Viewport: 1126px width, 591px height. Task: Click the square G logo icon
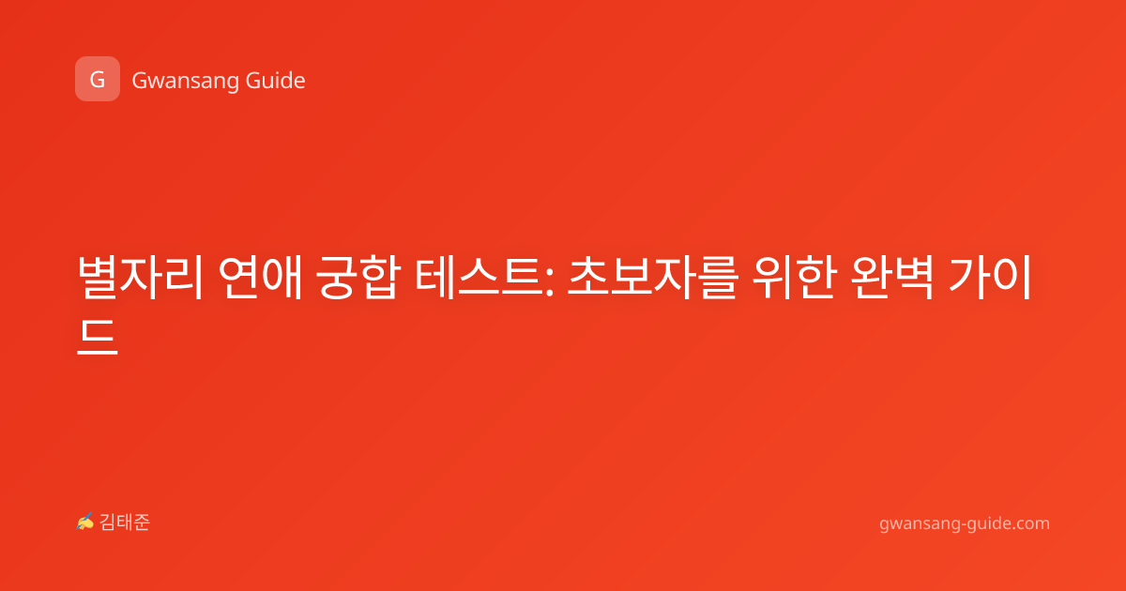pos(98,79)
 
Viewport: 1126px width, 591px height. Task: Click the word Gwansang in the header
pos(185,81)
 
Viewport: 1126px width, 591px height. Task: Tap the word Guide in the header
pos(276,80)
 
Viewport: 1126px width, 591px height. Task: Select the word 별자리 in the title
pos(140,278)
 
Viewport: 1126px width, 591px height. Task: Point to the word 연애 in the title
pos(261,278)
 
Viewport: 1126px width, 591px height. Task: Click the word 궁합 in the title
pos(358,278)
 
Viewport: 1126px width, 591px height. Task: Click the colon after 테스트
pos(549,282)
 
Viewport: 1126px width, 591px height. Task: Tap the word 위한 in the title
pos(794,278)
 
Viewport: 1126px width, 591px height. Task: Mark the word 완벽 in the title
pos(892,278)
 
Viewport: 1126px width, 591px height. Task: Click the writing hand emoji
pos(85,522)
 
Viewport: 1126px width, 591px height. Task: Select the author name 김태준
pos(125,523)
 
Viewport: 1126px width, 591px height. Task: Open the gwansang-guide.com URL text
pos(965,524)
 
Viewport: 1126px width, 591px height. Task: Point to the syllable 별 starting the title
pos(98,278)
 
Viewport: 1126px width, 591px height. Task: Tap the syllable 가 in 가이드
pos(968,278)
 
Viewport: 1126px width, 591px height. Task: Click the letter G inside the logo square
pos(98,80)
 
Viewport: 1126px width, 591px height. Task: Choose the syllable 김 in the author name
pos(108,523)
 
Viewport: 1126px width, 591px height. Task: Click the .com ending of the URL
pos(1029,523)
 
